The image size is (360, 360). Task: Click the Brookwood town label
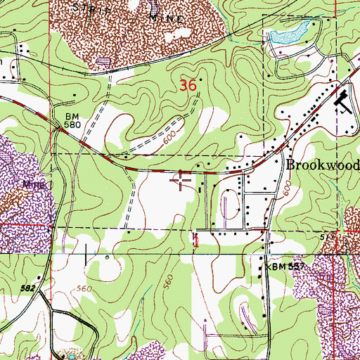point(323,165)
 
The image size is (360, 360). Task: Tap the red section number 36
point(187,86)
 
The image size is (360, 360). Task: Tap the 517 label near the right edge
point(345,238)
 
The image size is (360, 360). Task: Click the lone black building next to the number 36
point(202,80)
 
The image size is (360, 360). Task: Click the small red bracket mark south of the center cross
point(196,240)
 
